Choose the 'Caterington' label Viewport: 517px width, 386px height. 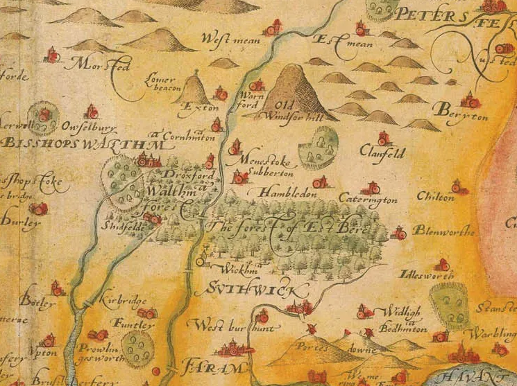368,200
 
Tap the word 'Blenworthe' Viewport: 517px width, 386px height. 444,231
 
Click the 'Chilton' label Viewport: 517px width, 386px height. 436,198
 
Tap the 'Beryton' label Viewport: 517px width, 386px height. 459,113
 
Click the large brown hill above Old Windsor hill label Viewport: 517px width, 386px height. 292,82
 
